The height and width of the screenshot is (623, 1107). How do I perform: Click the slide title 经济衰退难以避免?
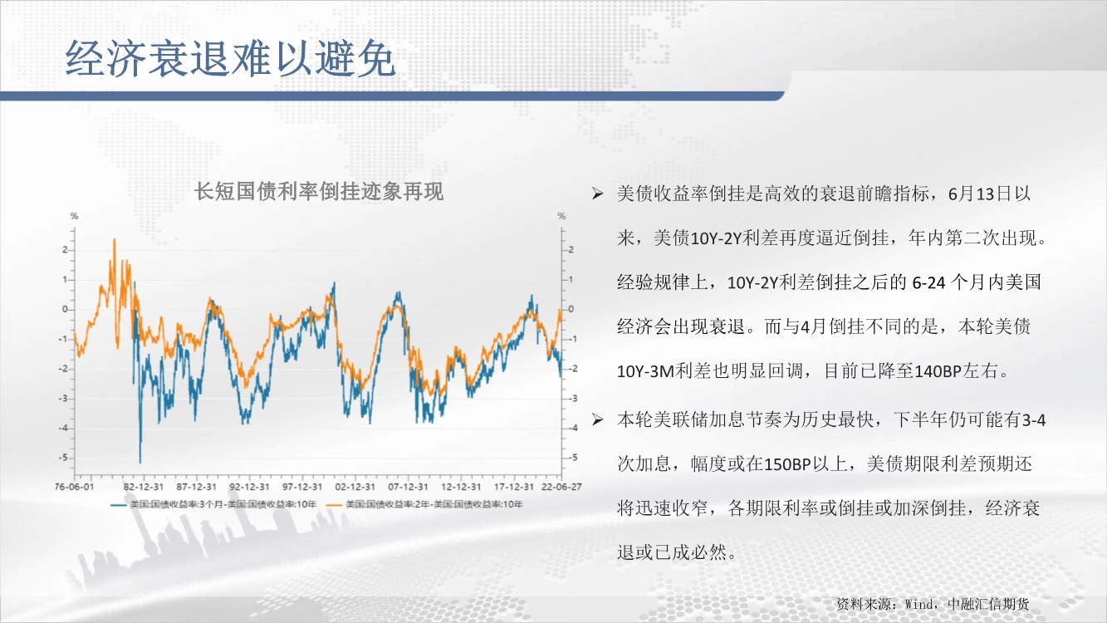coord(230,58)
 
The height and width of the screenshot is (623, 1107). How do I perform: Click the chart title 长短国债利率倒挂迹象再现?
coord(319,192)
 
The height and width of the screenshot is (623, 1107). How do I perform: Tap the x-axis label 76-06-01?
coord(74,487)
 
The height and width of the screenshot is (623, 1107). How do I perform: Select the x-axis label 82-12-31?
coord(144,487)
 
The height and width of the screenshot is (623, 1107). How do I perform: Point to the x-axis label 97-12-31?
coord(302,487)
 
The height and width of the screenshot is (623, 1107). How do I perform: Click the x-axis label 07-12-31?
coord(408,487)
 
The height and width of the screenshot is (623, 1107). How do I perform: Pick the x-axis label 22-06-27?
coord(561,487)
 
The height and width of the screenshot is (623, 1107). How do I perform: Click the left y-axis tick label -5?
coord(63,458)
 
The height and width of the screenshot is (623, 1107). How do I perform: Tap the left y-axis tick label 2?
coord(65,250)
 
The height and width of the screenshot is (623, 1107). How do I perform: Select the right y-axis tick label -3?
coord(572,399)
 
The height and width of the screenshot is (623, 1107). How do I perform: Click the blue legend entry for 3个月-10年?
coord(213,504)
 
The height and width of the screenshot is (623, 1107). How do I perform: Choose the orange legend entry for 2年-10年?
coord(426,504)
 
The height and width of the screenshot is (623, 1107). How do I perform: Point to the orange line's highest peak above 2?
coord(114,240)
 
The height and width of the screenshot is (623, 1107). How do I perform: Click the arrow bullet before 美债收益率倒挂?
coord(597,194)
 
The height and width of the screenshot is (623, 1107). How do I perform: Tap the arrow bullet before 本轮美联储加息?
coord(597,420)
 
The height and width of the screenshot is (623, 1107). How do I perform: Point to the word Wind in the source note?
coord(918,604)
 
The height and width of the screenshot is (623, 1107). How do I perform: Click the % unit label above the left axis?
coord(74,216)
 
